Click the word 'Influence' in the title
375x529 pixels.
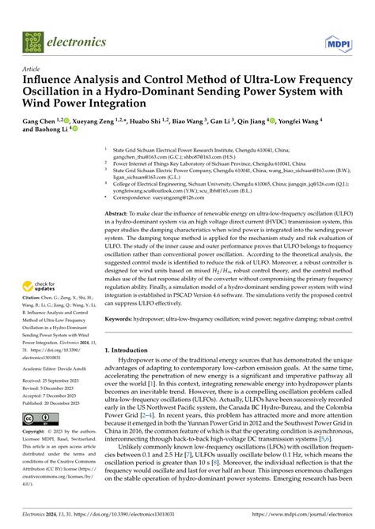51,81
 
